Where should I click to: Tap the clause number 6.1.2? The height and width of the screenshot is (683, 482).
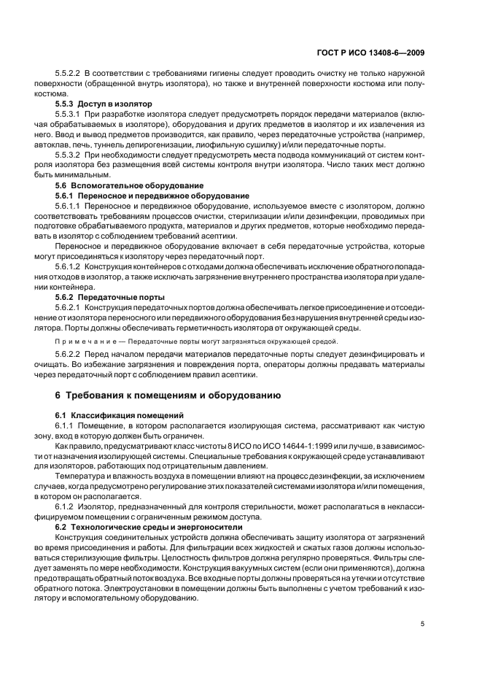tap(66, 506)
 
